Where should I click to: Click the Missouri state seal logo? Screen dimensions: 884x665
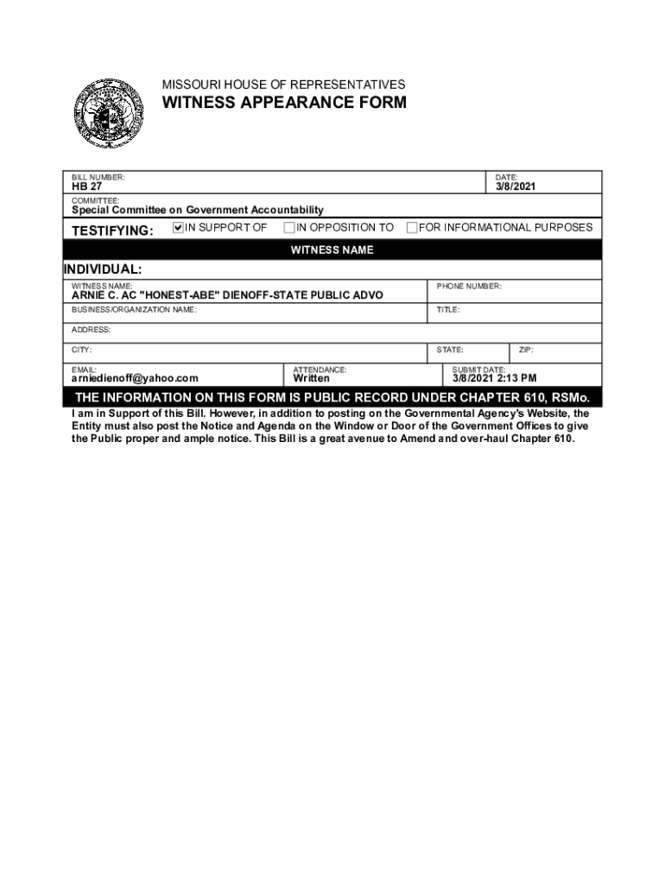[108, 113]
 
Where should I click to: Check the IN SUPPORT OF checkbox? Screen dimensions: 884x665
[179, 228]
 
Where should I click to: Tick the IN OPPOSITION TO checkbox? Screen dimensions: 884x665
[289, 228]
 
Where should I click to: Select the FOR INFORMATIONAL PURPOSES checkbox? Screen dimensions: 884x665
[412, 228]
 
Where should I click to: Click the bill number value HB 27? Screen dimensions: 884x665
[85, 187]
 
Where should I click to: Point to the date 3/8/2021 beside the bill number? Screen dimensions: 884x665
[516, 186]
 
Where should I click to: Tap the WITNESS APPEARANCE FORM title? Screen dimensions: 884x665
[284, 104]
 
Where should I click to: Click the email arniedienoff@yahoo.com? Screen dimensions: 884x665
[135, 378]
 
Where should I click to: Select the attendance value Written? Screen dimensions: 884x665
[311, 378]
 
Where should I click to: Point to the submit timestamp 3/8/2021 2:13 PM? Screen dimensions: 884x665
[495, 378]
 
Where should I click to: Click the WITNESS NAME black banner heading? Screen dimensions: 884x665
[332, 250]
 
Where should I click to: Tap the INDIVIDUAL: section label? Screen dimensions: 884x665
[103, 269]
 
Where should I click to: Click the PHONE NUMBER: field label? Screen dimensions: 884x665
[468, 286]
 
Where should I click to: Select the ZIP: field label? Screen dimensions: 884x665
[526, 350]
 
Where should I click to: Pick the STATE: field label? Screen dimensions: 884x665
[450, 350]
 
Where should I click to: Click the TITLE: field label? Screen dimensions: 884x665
[448, 309]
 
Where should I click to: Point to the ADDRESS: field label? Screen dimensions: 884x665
[91, 330]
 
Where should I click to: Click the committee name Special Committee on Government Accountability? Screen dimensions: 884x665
[197, 210]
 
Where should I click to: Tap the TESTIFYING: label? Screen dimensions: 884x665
[112, 230]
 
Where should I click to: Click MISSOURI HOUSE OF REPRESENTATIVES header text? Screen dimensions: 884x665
[283, 85]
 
